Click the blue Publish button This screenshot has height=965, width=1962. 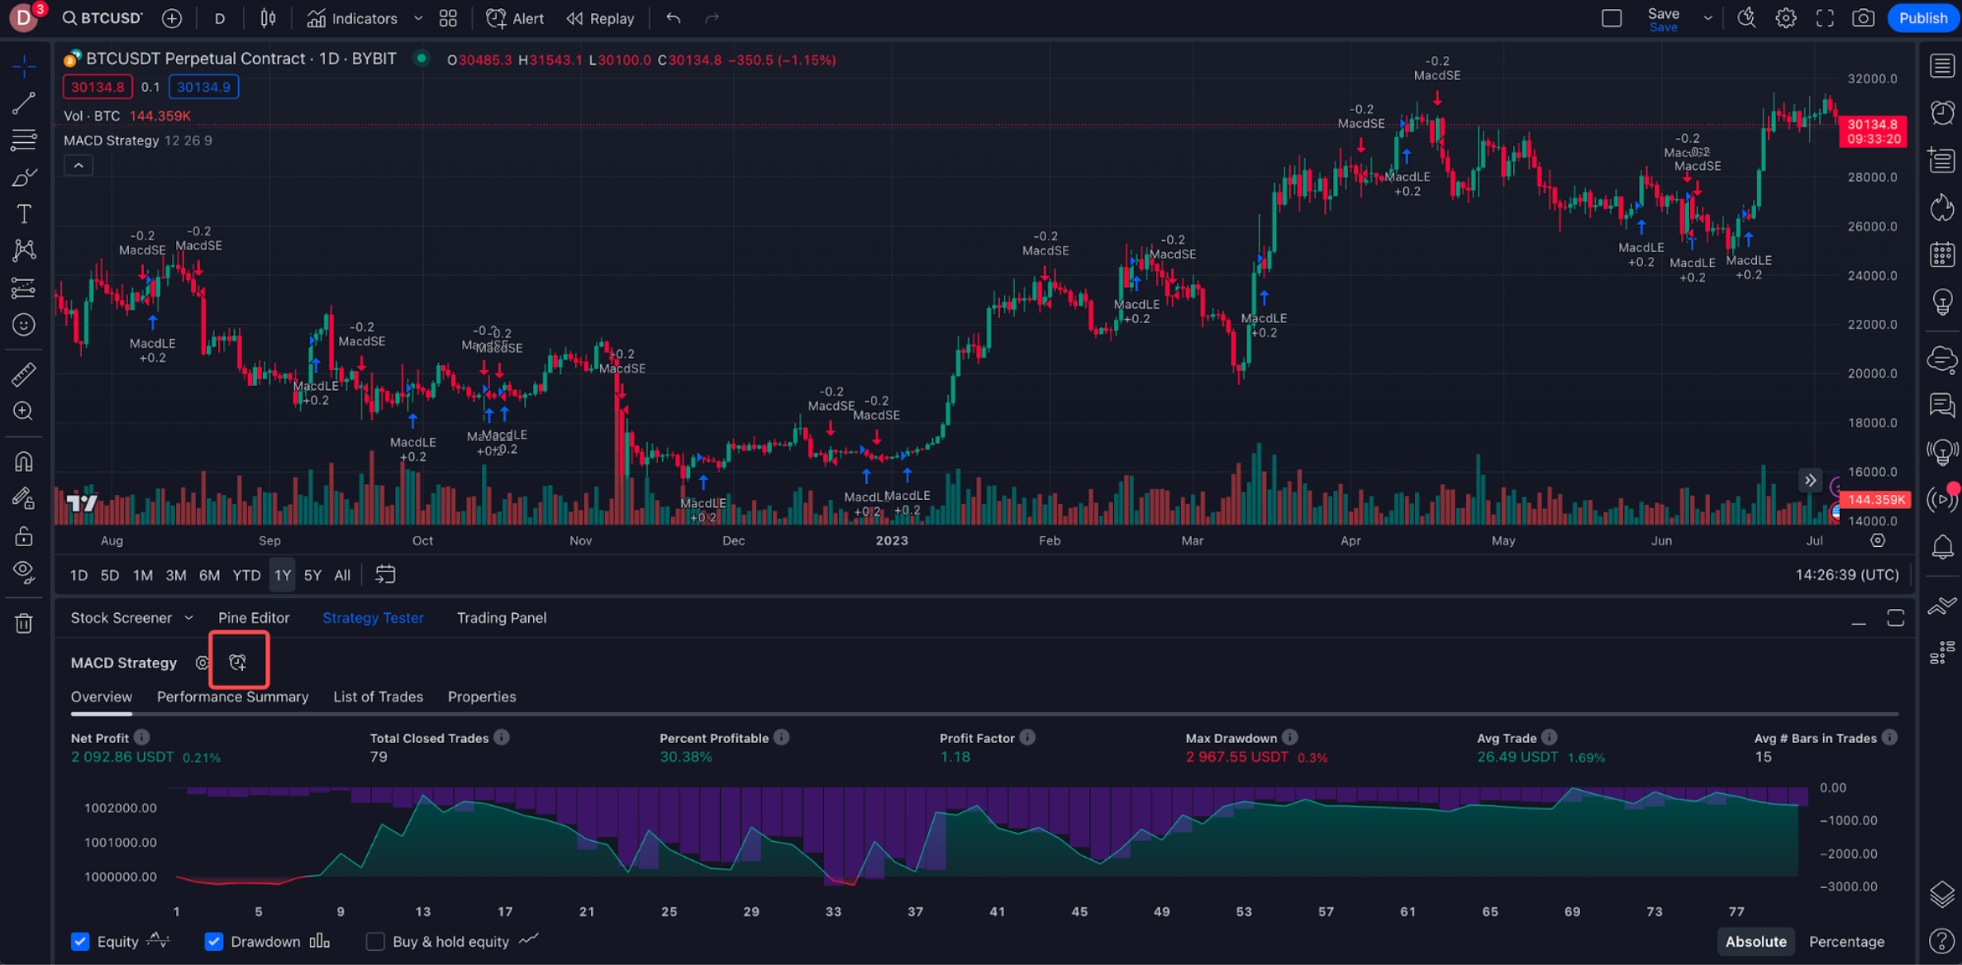pyautogui.click(x=1922, y=18)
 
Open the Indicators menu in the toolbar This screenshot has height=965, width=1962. pyautogui.click(x=353, y=18)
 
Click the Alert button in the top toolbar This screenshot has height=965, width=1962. pyautogui.click(x=515, y=18)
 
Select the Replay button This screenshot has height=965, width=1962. pyautogui.click(x=601, y=18)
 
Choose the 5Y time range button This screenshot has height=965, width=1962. pyautogui.click(x=312, y=575)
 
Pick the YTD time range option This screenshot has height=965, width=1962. pyautogui.click(x=246, y=575)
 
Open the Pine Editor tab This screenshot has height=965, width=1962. pyautogui.click(x=254, y=618)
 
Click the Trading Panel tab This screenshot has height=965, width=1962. pyautogui.click(x=502, y=618)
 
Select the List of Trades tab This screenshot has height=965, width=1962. pyautogui.click(x=378, y=696)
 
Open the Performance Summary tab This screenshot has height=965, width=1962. pyautogui.click(x=232, y=696)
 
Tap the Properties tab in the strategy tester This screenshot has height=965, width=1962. pyautogui.click(x=482, y=696)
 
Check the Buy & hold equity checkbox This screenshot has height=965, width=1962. pyautogui.click(x=376, y=941)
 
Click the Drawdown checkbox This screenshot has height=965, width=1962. pyautogui.click(x=214, y=941)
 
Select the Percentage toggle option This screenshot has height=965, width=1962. pyautogui.click(x=1846, y=941)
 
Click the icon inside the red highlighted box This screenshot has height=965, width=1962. pyautogui.click(x=238, y=662)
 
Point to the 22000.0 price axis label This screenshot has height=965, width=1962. pyautogui.click(x=1872, y=325)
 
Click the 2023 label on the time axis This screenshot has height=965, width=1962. pyautogui.click(x=892, y=540)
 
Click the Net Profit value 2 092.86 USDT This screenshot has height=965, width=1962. pyautogui.click(x=122, y=757)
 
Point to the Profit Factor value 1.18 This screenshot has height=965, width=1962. pyautogui.click(x=955, y=757)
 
